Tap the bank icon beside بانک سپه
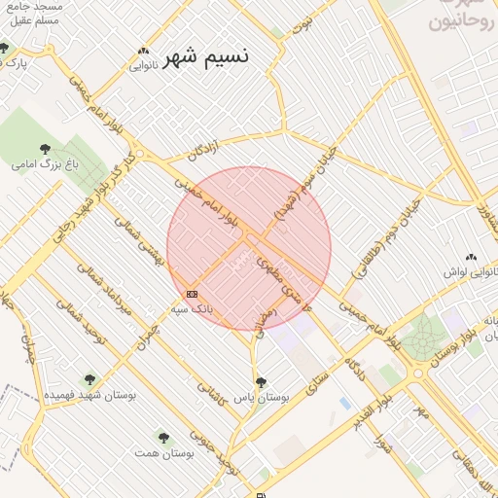(192, 293)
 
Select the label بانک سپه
(192, 308)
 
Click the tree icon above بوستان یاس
(261, 382)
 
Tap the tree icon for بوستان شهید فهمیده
(90, 379)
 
